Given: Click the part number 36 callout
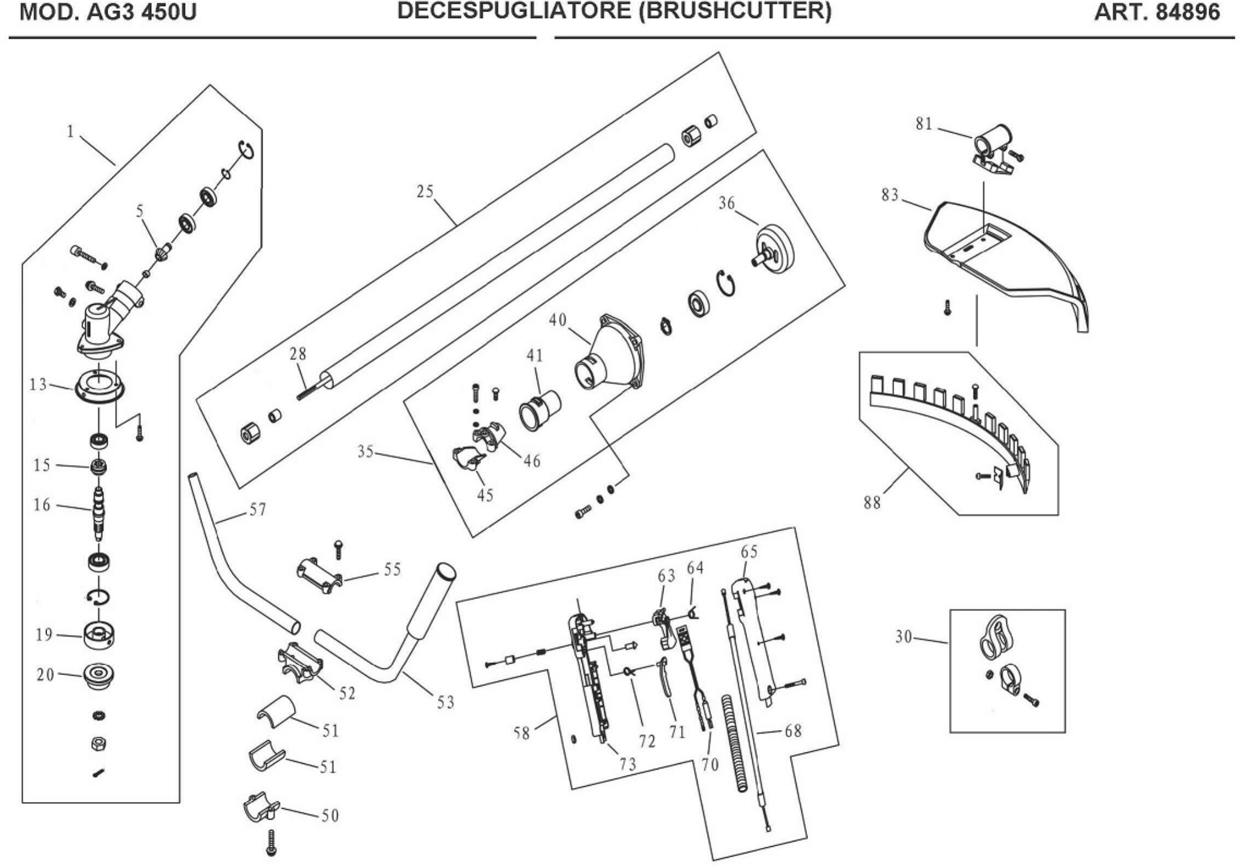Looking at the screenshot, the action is point(726,203).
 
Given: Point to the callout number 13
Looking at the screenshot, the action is point(38,385).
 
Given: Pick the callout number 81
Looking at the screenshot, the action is point(924,124).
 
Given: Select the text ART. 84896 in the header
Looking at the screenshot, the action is point(1157,13).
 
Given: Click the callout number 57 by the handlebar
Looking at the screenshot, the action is point(258,510).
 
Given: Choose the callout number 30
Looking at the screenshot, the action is point(903,637).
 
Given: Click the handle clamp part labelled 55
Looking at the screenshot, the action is point(319,575).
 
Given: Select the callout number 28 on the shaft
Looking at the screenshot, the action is point(298,354).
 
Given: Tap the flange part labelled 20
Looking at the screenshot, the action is point(99,676).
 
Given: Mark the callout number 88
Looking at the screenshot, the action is point(872,503).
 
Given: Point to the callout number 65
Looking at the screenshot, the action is point(749,552).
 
